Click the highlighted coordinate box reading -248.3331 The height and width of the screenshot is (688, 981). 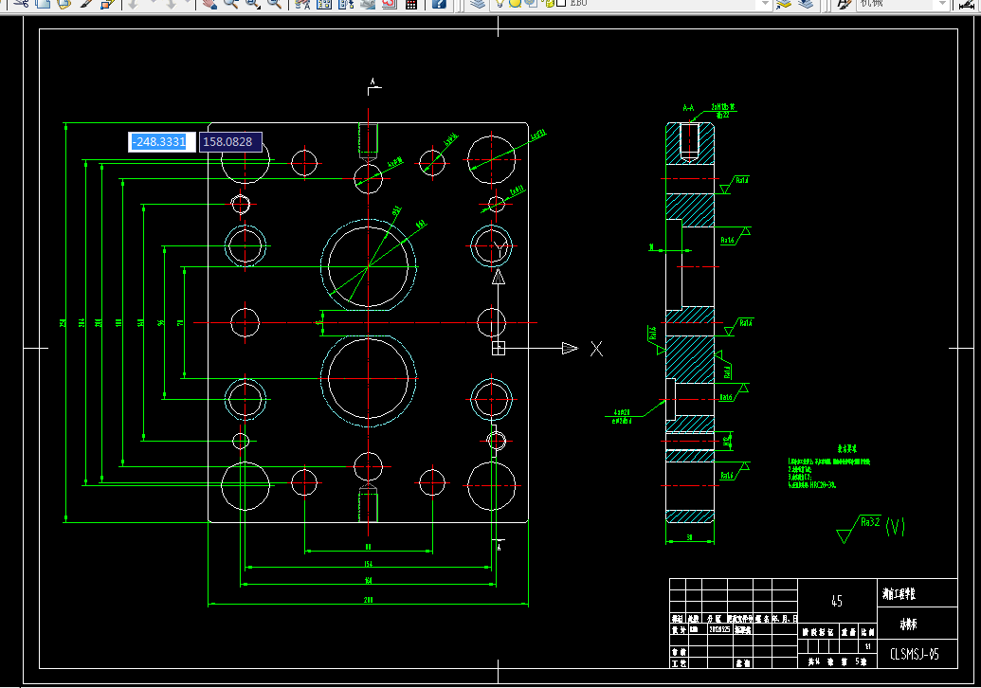tap(162, 142)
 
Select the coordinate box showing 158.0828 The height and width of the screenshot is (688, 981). tap(229, 142)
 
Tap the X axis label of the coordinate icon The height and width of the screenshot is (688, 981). tap(596, 349)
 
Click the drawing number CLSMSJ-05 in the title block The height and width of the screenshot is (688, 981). tap(914, 653)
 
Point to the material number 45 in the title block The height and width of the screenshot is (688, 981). tap(836, 601)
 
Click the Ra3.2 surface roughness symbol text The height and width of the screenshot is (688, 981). tap(869, 521)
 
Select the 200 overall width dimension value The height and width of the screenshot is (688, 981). tap(368, 600)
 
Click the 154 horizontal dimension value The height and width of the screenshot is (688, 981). tap(368, 565)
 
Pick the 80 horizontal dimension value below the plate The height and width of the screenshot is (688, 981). tap(368, 547)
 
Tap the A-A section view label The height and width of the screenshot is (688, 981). tap(689, 110)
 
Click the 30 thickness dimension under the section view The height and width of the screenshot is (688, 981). tap(689, 537)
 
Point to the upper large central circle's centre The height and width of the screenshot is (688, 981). tap(368, 266)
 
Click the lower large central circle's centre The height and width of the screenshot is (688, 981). tap(368, 378)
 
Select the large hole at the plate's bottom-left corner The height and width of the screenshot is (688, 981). tap(245, 485)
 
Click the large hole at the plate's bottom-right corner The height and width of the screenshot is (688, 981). tap(491, 485)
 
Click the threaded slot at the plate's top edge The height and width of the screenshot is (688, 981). tap(368, 139)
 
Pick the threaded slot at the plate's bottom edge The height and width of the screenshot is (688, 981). tap(368, 504)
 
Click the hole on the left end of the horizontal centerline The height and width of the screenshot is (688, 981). tap(245, 322)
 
